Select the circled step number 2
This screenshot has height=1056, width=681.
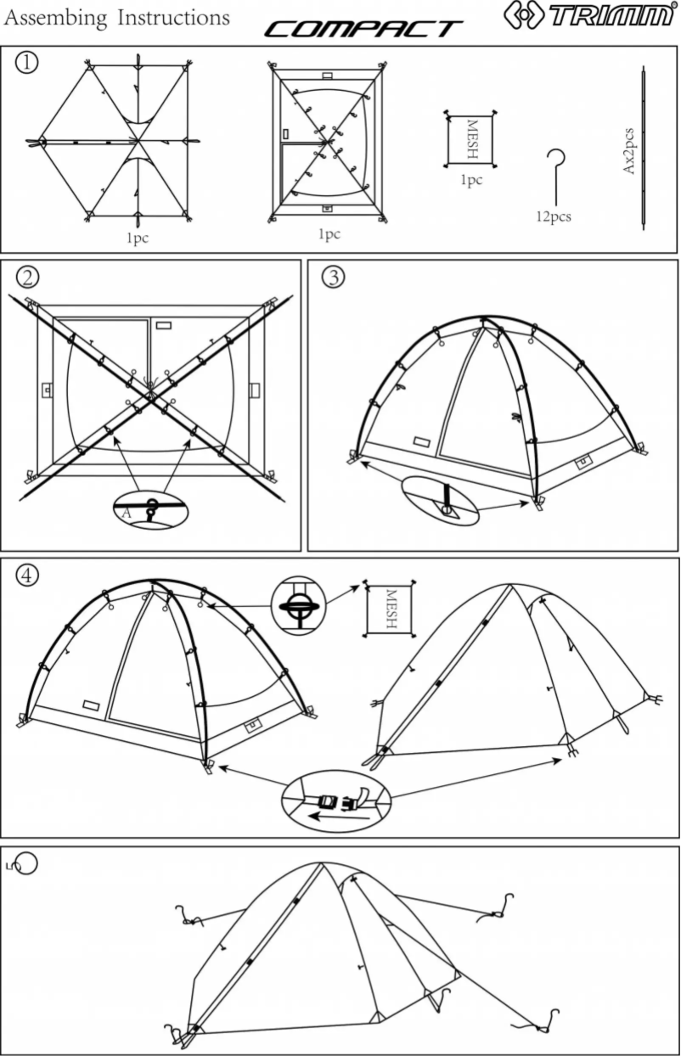(x=28, y=277)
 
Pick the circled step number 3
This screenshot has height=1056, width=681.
(x=333, y=277)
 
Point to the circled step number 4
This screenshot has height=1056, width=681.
(x=28, y=575)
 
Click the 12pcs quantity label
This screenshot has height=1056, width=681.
(x=553, y=216)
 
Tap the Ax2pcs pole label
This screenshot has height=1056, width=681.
(x=629, y=152)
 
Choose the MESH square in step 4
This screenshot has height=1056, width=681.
(x=391, y=609)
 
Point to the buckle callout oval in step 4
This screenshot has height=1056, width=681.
(x=337, y=800)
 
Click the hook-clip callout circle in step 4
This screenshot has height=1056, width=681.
(x=298, y=605)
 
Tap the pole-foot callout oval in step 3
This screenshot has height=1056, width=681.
(x=441, y=501)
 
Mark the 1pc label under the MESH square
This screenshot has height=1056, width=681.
(x=470, y=181)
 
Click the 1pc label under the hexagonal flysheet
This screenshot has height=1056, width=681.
(x=137, y=239)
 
